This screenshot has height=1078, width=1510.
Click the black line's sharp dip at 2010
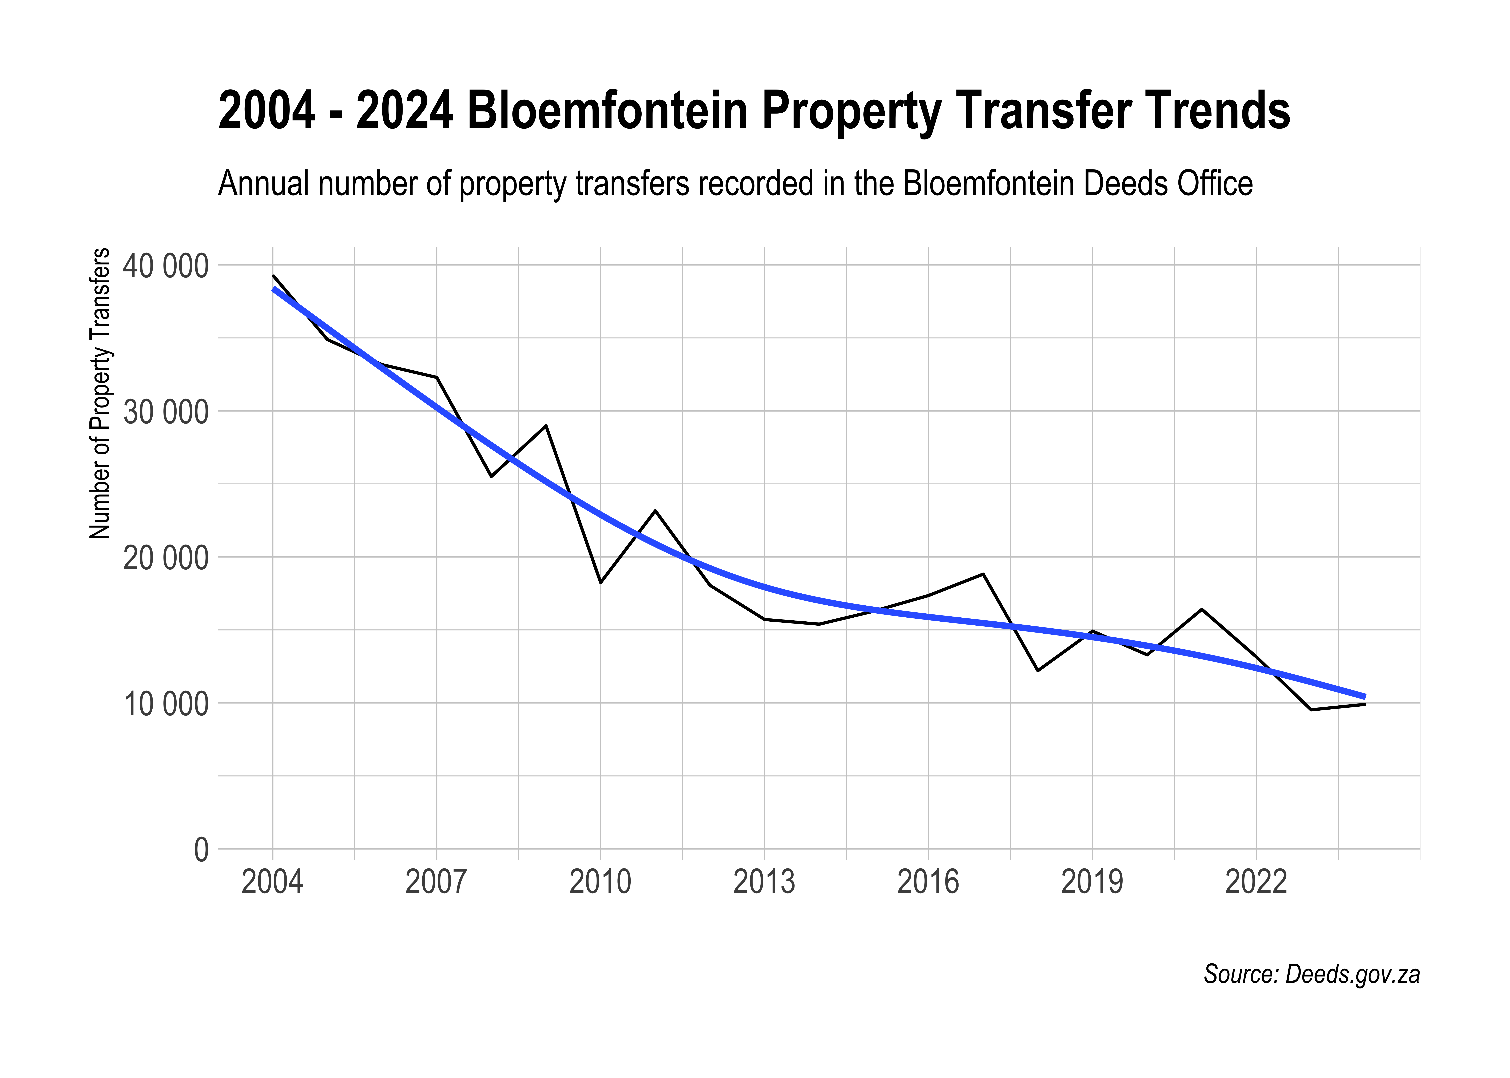click(x=600, y=582)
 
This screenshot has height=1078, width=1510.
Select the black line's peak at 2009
click(x=546, y=425)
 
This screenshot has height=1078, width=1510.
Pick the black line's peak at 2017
click(x=983, y=574)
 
